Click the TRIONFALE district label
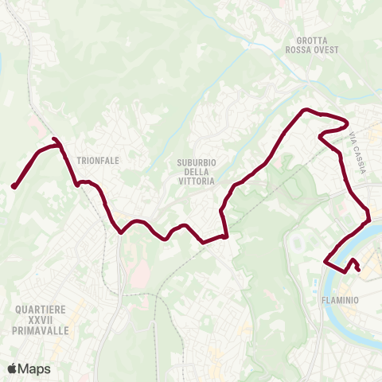pyautogui.click(x=99, y=160)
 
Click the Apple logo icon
pyautogui.click(x=12, y=368)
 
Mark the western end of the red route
pyautogui.click(x=14, y=187)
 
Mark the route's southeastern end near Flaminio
pyautogui.click(x=358, y=269)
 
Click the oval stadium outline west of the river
pyautogui.click(x=299, y=239)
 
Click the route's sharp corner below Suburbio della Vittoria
pyautogui.click(x=226, y=236)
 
